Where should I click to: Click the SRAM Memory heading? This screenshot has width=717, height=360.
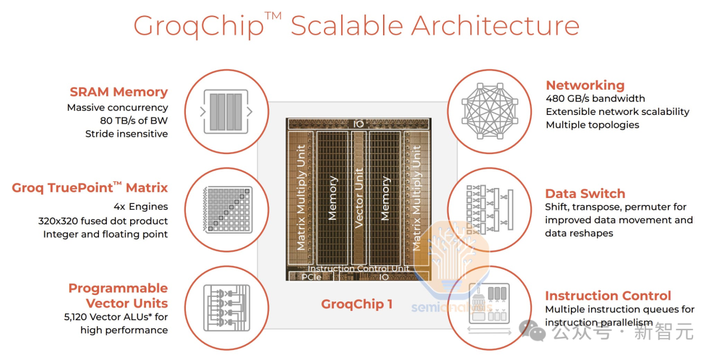coord(119,92)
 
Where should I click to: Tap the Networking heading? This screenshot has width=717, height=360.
coord(585,85)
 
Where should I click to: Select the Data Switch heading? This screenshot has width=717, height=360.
coord(585,194)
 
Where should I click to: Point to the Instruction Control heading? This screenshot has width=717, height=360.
coord(607,296)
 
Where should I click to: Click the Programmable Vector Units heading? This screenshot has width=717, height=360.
coord(118,296)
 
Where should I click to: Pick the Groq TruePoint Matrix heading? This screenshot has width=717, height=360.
coord(90,188)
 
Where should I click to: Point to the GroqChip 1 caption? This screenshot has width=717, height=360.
coord(357,304)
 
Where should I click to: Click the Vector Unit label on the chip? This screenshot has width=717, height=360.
coord(358,193)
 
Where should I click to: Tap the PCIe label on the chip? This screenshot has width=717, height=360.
coord(311,276)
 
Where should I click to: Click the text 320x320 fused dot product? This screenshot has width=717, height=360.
coord(103,221)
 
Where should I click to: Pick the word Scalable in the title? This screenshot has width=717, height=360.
coord(345,27)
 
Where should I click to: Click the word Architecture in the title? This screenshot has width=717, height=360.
coord(495,27)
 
